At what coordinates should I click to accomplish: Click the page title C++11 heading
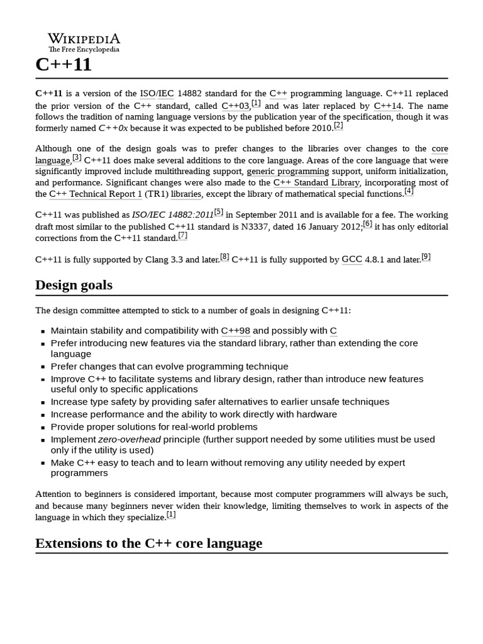coord(63,65)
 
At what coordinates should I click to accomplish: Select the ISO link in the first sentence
coord(147,94)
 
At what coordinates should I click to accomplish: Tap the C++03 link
coord(235,106)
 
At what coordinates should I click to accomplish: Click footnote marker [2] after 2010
coord(338,126)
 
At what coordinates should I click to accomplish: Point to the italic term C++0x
coord(113,128)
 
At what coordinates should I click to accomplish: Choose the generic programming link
coord(287,171)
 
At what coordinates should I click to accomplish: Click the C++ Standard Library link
coord(316,182)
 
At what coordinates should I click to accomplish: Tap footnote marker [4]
coord(409,191)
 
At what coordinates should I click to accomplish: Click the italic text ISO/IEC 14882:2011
coord(172,215)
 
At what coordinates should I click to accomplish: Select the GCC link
coord(352,260)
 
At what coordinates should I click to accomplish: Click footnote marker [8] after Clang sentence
coord(225,257)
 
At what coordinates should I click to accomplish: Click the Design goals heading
coord(74,285)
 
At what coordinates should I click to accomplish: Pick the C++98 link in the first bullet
coord(235,331)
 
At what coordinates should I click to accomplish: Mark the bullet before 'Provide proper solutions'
coord(42,428)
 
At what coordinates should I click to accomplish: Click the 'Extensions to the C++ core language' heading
coord(148,543)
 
